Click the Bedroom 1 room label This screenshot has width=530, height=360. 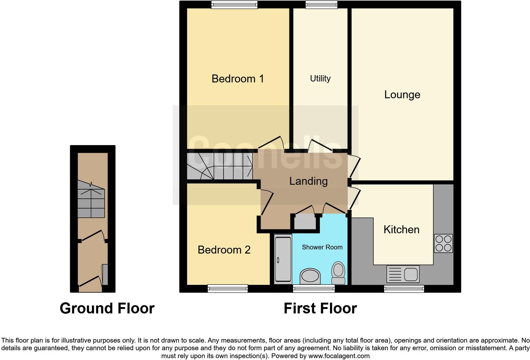pos(238,79)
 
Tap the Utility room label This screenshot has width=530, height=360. pos(320,79)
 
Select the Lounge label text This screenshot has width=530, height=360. pos(402,94)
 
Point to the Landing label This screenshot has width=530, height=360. pos(308,181)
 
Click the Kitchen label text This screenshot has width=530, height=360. pos(401,229)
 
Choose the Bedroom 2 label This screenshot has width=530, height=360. pos(224,250)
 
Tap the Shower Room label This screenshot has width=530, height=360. pos(322,247)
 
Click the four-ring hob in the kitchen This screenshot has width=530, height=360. pos(443,243)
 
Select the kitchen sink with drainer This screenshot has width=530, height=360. pos(403,274)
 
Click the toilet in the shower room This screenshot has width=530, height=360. pos(338,273)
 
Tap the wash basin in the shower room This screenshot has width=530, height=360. pos(310,276)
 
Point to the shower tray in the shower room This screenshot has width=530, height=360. pos(283,259)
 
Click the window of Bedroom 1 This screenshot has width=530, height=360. pos(234,4)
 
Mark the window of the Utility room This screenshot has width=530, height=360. pos(321,4)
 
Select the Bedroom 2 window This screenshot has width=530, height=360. pos(228,288)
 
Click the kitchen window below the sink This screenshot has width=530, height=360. pos(404,288)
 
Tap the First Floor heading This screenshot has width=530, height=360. pos(320,308)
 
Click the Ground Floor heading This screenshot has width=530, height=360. pos(107,308)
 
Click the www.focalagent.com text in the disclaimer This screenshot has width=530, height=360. pos(339,356)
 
